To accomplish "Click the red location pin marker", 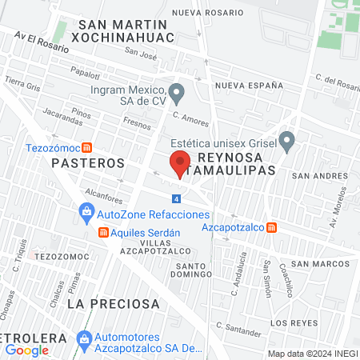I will pos(180,162).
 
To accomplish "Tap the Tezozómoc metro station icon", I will pos(87,147).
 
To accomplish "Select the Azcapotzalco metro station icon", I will pos(272,227).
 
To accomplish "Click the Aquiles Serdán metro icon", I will pos(102,233).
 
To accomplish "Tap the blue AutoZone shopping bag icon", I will pos(86,214).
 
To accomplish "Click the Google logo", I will pos(26,350).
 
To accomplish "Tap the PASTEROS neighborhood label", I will pos(88,162).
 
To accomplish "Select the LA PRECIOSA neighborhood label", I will pos(114,304).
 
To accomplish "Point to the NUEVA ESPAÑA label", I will pos(250,85).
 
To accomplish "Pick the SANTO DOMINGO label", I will pos(192,270).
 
